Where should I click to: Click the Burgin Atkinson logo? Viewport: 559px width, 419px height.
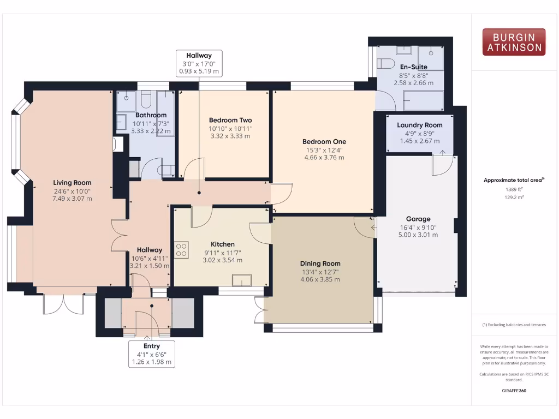pos(514,42)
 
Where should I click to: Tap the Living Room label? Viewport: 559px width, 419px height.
pos(72,183)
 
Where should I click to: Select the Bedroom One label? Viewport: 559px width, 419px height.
pos(324,142)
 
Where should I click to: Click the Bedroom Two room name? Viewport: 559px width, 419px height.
pos(230,120)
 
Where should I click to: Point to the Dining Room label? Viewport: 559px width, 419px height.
pos(320,264)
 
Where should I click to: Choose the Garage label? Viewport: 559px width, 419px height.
pos(418,219)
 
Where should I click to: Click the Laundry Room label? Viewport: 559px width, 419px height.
pos(419,125)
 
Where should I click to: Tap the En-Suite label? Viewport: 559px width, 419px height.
pos(414,67)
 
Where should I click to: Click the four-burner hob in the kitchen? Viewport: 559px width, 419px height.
pos(182,249)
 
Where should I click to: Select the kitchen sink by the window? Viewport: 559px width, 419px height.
pos(241,280)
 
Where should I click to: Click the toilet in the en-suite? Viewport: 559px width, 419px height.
pos(386,64)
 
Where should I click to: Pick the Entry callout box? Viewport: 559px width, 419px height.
pos(152,354)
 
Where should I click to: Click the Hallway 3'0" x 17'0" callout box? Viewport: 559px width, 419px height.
pos(199,63)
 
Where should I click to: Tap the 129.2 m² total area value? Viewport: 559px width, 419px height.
pos(514,197)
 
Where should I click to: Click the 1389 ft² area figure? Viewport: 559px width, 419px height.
pos(514,189)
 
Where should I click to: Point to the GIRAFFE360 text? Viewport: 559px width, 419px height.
pos(514,391)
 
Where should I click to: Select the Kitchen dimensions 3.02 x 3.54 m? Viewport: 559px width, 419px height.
pos(223,260)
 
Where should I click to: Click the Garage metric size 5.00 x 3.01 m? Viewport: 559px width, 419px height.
pos(418,235)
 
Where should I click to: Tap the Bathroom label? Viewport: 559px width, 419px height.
pos(151,115)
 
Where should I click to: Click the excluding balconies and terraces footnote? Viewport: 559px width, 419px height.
pos(514,325)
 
